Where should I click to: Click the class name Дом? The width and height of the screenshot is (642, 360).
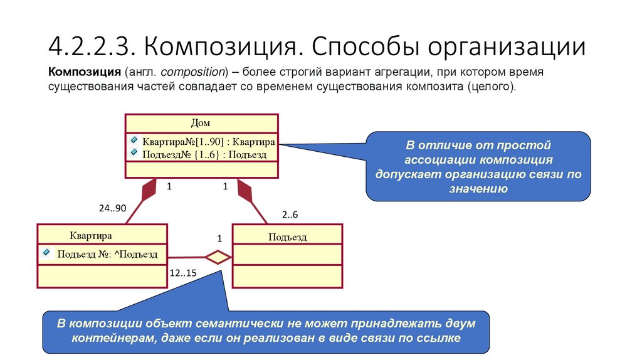(x=201, y=123)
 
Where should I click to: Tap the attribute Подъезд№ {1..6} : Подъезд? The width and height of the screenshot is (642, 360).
(x=204, y=153)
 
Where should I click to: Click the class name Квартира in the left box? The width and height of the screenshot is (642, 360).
(x=91, y=236)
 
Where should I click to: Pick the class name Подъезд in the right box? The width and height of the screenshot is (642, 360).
(x=287, y=236)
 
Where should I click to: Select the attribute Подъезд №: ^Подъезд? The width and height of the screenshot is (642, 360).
(x=107, y=254)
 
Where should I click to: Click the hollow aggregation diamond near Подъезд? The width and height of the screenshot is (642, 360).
(x=218, y=257)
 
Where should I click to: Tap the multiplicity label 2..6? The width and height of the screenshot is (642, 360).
(x=290, y=215)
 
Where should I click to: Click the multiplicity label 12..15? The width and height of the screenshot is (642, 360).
(x=183, y=273)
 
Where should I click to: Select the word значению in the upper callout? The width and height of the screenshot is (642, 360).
(x=478, y=188)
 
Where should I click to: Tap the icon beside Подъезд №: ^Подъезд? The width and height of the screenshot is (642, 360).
(x=46, y=253)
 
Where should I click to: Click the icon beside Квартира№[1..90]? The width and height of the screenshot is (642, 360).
(x=134, y=140)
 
